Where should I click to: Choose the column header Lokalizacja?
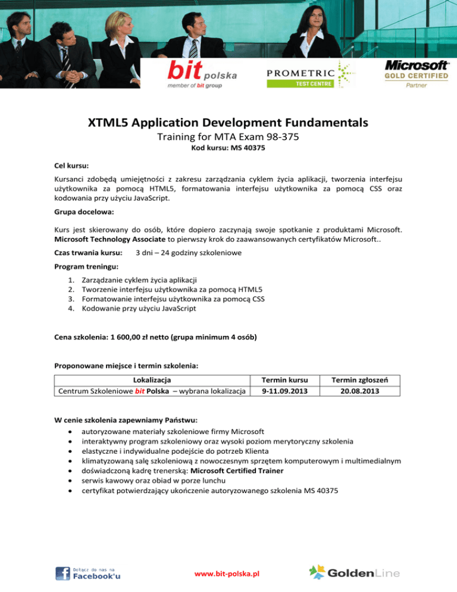coord(152,379)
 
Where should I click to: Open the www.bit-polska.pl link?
coord(228,574)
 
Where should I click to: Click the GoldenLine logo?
coord(355,572)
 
